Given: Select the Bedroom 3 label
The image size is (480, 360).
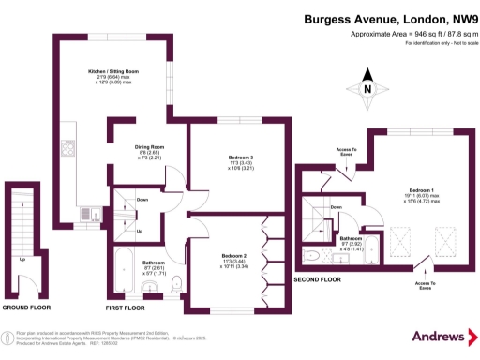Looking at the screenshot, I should coord(241,157).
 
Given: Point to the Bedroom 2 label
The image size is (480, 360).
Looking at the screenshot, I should coord(233,256).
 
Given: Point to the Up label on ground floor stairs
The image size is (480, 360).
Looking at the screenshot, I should coord(22,259).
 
